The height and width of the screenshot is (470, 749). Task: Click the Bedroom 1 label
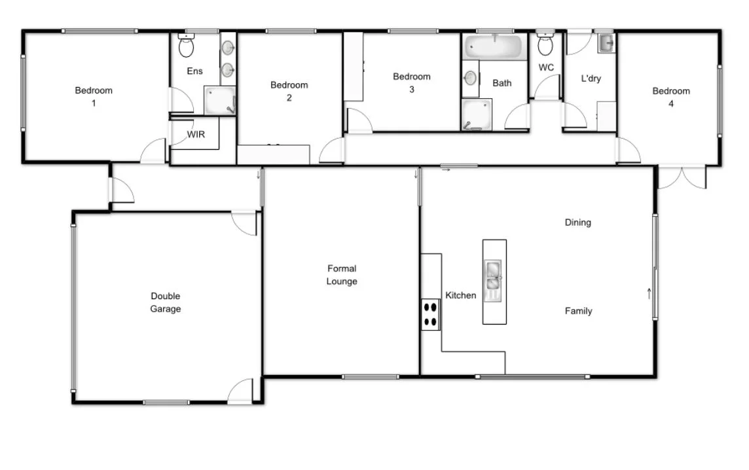[x=94, y=97]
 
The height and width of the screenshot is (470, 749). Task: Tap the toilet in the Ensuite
[x=185, y=47]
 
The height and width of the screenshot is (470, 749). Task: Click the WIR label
[x=196, y=134]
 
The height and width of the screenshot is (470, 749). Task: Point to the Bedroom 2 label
[x=289, y=91]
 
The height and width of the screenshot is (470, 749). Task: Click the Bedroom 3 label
[x=411, y=83]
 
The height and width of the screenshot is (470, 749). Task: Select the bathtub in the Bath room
[x=494, y=47]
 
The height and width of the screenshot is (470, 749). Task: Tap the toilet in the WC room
[x=545, y=45]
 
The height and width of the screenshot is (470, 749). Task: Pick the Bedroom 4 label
[x=670, y=97]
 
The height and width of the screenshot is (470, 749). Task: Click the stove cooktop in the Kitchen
[x=430, y=314]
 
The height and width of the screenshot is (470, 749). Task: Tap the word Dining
[x=577, y=223]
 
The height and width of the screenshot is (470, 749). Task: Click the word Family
[x=578, y=311]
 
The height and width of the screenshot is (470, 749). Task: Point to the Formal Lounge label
[x=342, y=275]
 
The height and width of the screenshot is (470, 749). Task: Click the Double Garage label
[x=165, y=302]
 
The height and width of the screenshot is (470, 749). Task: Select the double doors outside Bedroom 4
[x=682, y=178]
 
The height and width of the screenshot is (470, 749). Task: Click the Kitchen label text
[x=461, y=295]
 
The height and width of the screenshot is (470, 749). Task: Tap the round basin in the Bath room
[x=470, y=78]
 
